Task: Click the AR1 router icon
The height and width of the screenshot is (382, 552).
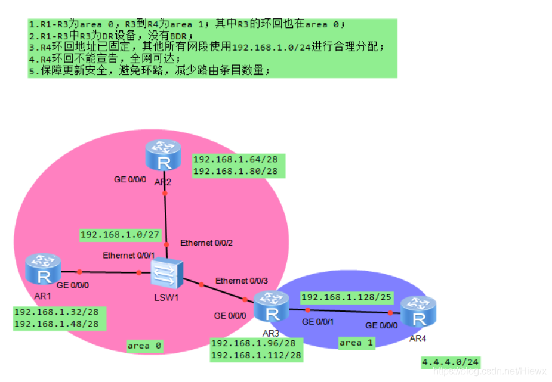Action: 43,270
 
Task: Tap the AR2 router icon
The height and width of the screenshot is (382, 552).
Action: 163,156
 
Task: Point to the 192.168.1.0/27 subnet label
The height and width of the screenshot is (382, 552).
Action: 121,235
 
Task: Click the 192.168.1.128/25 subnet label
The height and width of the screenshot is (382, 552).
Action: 346,297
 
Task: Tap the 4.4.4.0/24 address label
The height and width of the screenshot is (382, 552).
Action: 451,362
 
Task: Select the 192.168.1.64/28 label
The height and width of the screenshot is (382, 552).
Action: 235,160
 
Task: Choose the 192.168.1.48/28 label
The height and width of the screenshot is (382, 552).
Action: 56,324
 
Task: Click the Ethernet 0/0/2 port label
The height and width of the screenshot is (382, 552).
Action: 206,243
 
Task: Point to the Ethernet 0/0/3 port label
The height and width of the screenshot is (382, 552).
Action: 242,281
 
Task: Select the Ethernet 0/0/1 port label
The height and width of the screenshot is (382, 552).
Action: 129,256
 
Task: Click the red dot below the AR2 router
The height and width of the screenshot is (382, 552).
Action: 165,194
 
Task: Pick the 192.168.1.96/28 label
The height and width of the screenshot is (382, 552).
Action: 253,343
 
